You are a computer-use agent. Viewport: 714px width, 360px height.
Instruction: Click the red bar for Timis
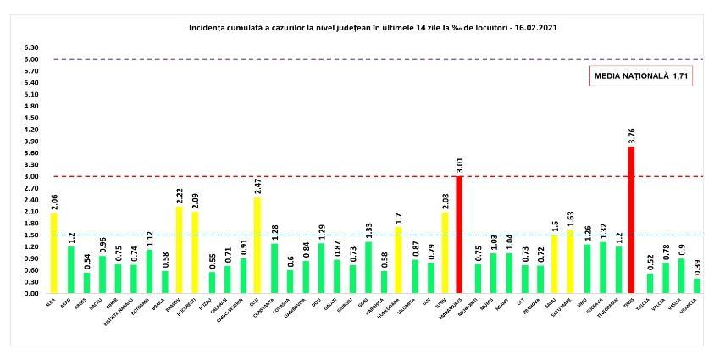coord(631,220)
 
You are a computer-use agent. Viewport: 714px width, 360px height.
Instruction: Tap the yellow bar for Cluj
coord(256,246)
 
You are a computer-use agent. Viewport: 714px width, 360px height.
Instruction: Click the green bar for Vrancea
coord(697,285)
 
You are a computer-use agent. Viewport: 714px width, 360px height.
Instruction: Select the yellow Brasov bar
coord(179,250)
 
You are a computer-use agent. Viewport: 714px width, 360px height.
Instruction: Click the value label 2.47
coord(256,186)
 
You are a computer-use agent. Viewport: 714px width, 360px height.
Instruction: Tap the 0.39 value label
coord(697,268)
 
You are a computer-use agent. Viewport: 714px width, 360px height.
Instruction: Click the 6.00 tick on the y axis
coord(31,59)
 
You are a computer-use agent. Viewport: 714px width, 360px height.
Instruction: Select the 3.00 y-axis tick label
coord(31,176)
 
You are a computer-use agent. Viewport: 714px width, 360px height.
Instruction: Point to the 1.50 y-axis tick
coord(31,235)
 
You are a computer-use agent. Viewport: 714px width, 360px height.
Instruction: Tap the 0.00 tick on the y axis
coord(31,293)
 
